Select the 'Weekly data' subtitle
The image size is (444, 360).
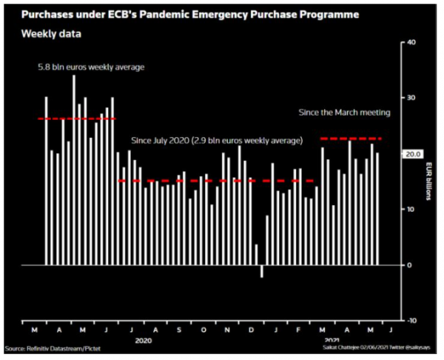tap(51, 34)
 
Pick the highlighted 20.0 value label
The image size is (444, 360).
tap(411, 153)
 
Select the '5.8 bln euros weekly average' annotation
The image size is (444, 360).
tap(91, 67)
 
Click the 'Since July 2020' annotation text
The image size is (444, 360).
tap(216, 140)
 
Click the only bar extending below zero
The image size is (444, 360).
tap(261, 271)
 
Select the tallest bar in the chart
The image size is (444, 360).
tap(73, 170)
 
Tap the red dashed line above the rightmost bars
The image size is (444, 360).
tap(351, 139)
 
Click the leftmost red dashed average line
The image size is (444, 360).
tap(77, 119)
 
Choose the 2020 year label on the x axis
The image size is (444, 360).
tap(145, 340)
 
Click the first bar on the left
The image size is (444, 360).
tap(46, 180)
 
